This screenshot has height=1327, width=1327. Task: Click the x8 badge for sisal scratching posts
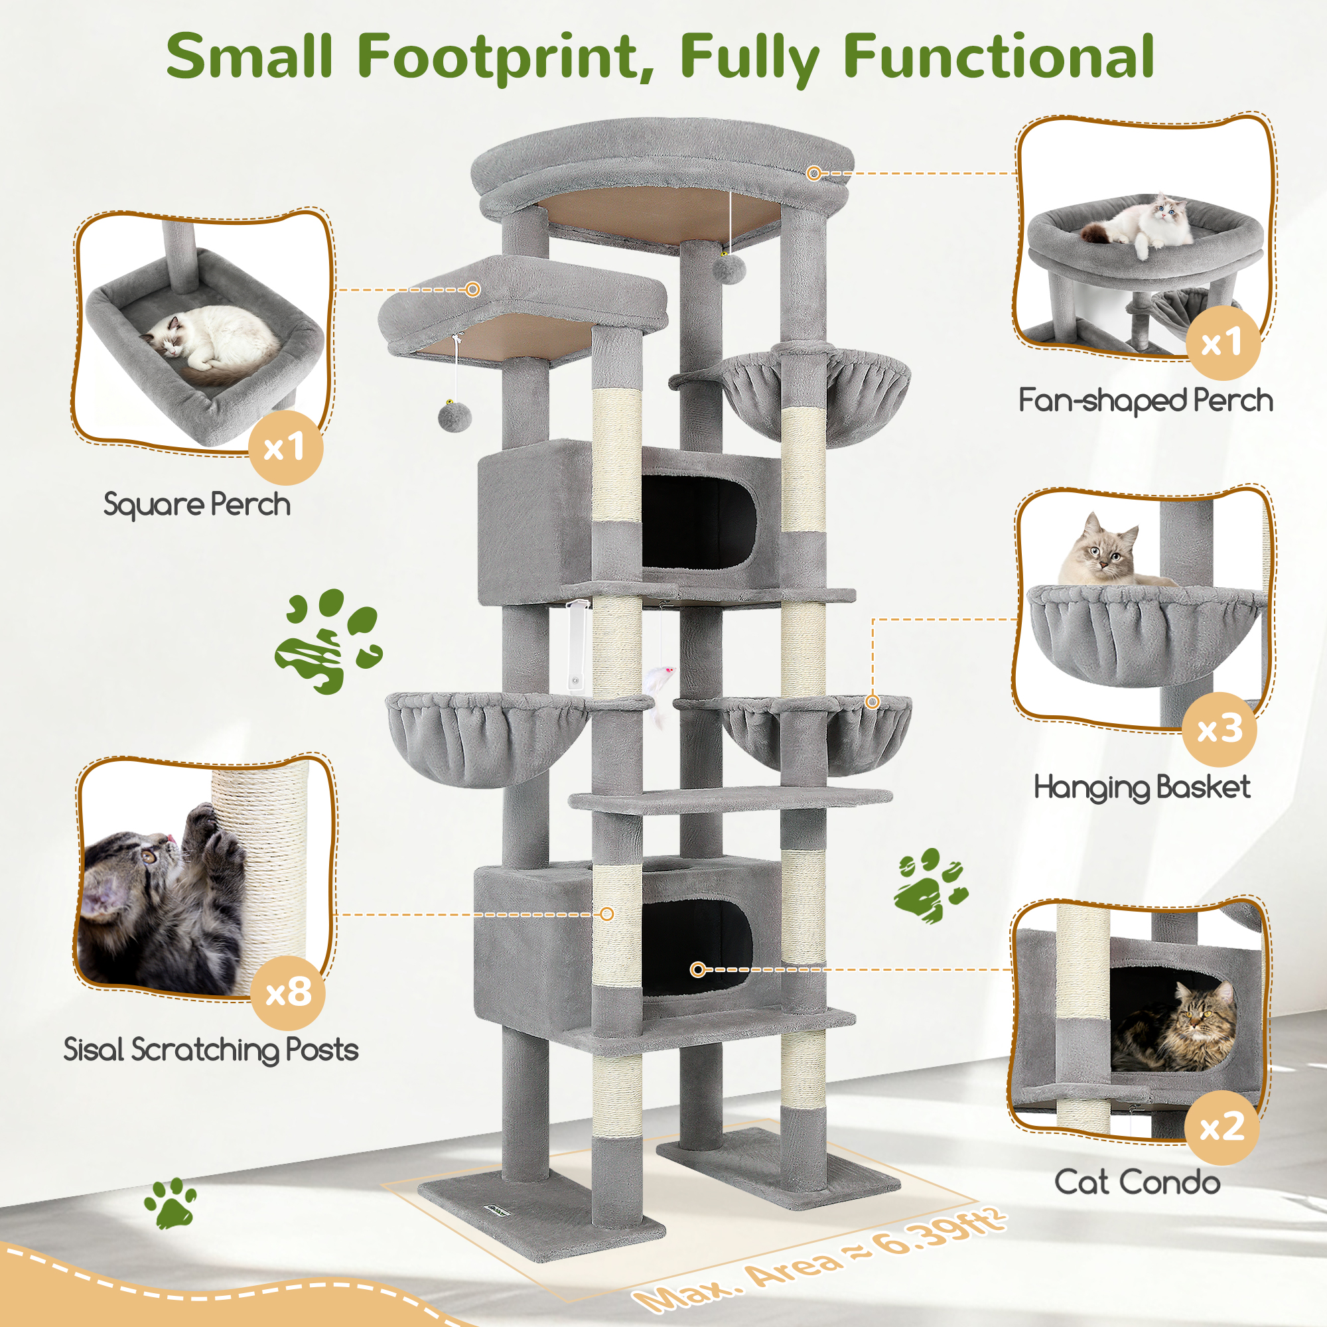(289, 992)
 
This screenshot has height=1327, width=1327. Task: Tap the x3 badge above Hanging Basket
(1220, 729)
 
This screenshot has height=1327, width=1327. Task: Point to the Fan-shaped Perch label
(1145, 401)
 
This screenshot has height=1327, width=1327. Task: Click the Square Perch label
(197, 505)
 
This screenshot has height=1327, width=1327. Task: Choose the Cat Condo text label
(1137, 1182)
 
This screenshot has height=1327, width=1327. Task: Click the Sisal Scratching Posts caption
(211, 1050)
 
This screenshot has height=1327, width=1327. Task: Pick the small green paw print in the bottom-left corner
(170, 1204)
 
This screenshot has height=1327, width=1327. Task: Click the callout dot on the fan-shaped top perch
(814, 173)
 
